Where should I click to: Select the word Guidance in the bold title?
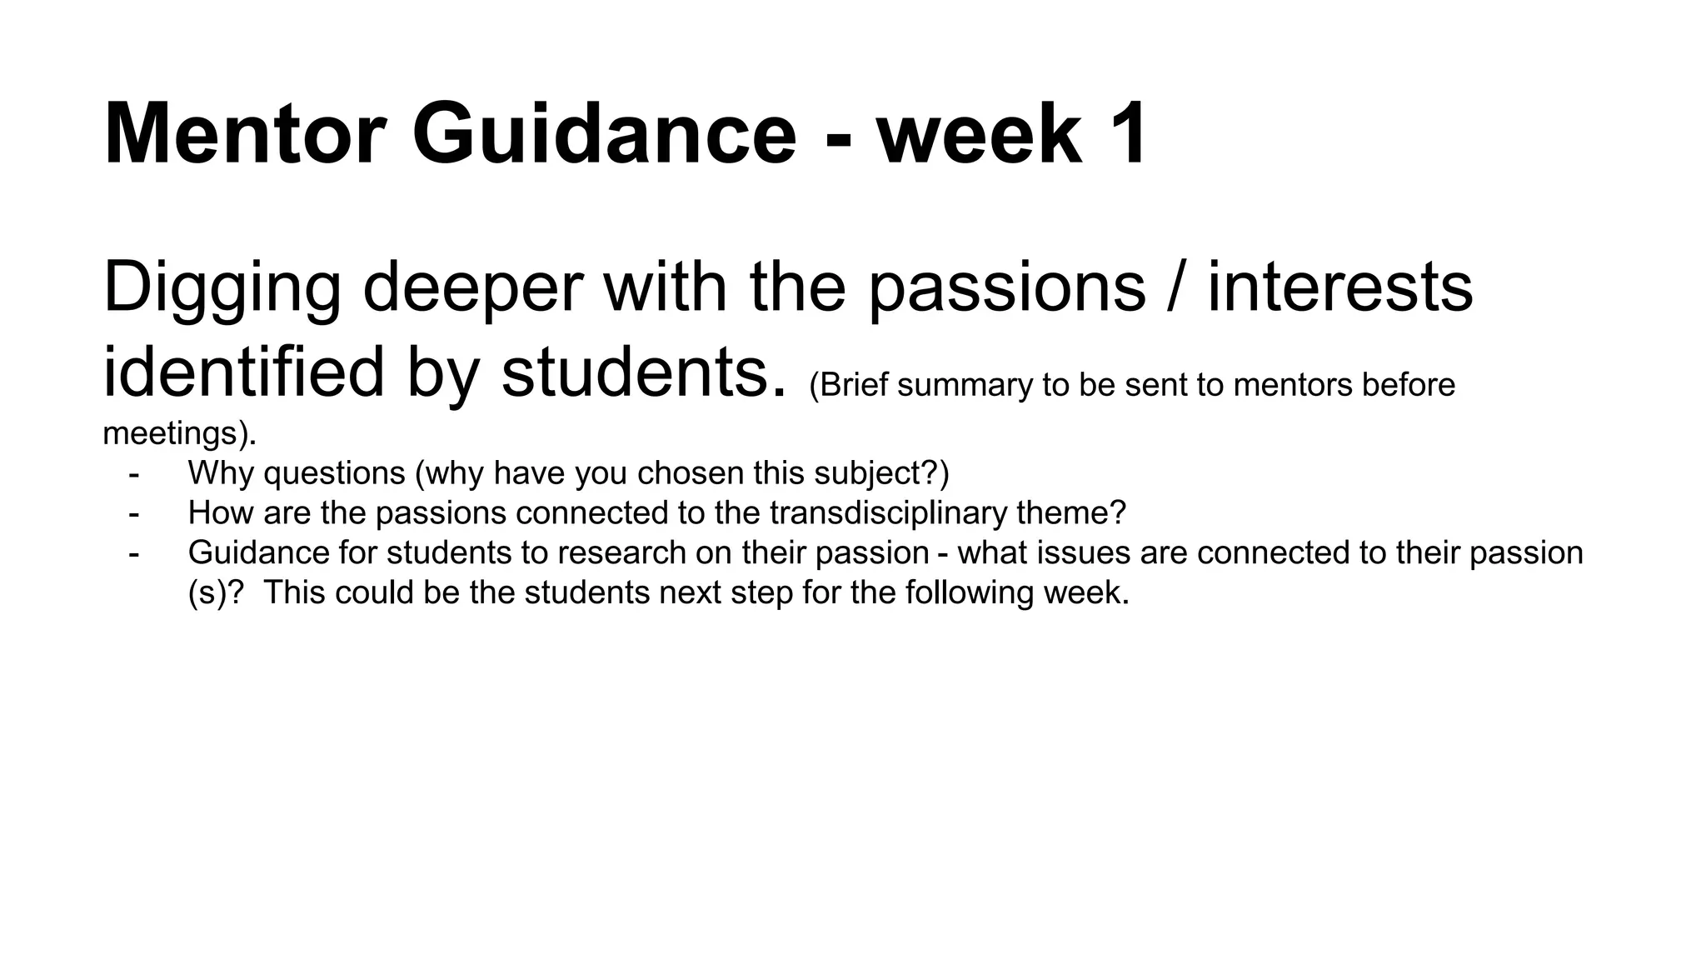coord(605,135)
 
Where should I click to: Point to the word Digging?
coord(222,288)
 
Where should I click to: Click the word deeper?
coord(472,288)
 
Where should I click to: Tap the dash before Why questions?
coord(134,473)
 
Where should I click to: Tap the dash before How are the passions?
coord(134,513)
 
